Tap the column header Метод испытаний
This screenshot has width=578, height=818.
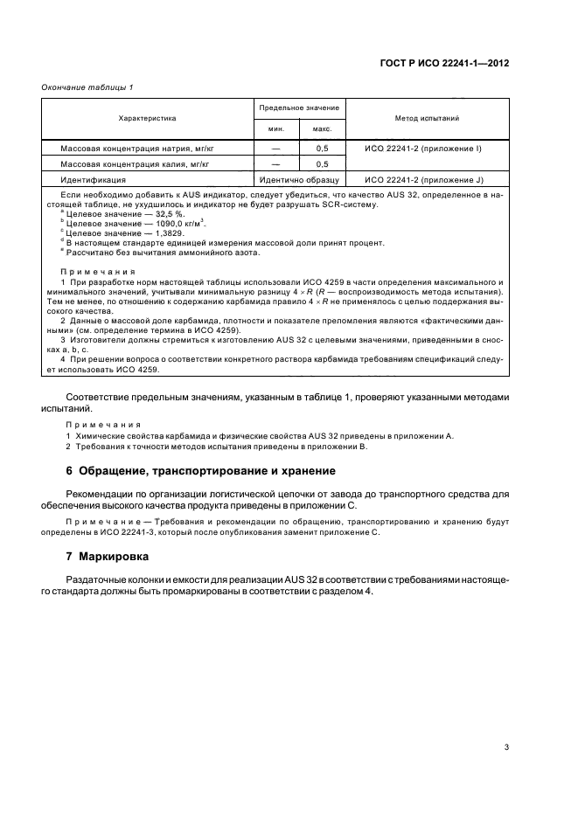(x=428, y=116)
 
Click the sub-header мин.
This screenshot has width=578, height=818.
(x=275, y=129)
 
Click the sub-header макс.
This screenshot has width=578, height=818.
(x=321, y=129)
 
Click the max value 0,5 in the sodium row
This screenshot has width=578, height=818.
(x=321, y=149)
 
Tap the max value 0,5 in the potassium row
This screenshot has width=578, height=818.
(x=321, y=163)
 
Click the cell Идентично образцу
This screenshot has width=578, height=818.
(x=298, y=178)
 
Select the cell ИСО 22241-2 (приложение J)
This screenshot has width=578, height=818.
(x=423, y=178)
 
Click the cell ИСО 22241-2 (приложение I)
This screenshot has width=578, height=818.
(x=423, y=149)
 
